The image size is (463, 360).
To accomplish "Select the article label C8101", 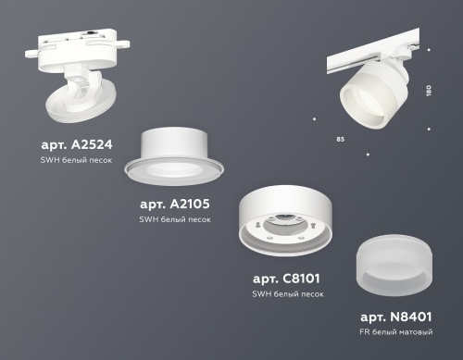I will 288,279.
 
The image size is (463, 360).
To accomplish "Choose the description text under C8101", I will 288,293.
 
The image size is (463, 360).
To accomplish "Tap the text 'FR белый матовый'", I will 397,330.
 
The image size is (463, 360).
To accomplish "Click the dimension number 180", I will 427,93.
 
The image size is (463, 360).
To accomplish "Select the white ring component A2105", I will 183,153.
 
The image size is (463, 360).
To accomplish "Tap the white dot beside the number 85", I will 368,152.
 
